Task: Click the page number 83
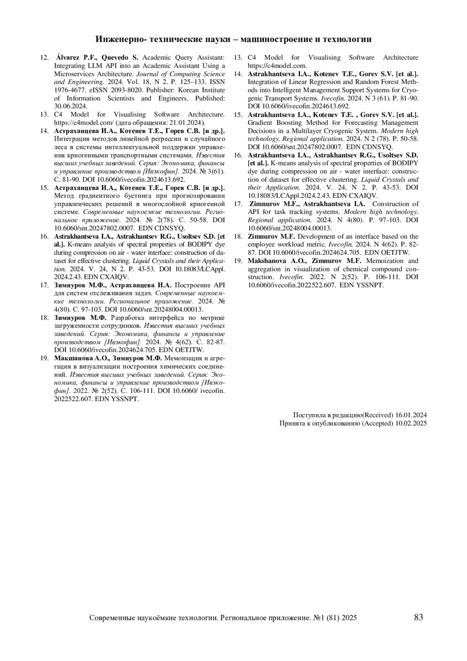click(x=418, y=617)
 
